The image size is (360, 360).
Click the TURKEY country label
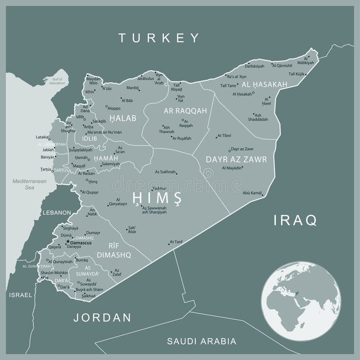click(159, 38)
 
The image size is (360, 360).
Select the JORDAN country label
click(102, 317)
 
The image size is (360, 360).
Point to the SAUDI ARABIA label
click(202, 341)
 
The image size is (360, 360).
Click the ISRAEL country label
click(20, 295)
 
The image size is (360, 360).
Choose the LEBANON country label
click(57, 213)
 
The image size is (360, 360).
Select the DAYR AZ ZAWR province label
click(237, 159)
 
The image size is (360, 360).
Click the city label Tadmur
click(159, 188)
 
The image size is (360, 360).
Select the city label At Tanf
click(176, 242)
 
